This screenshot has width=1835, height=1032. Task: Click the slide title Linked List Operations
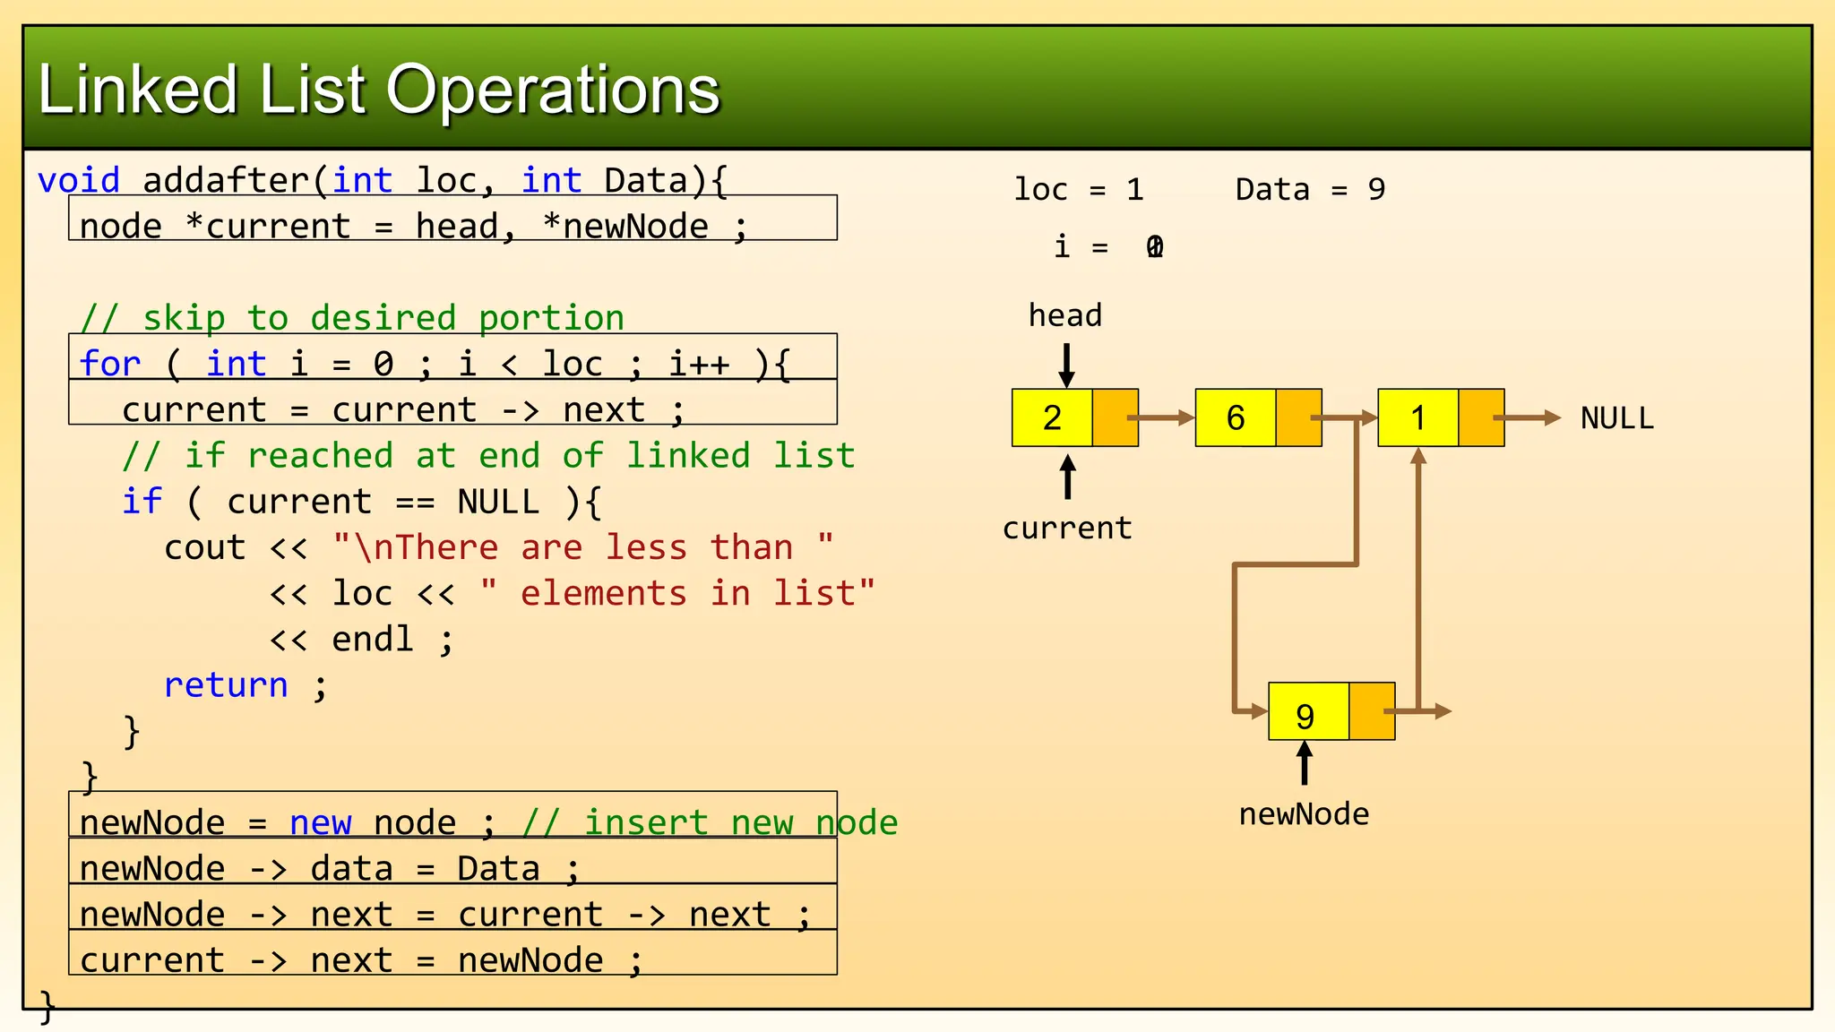(x=378, y=90)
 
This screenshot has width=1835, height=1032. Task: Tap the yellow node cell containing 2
(x=1052, y=417)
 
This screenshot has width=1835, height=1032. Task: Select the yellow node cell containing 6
(x=1235, y=417)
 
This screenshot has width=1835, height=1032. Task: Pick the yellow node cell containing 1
(x=1417, y=417)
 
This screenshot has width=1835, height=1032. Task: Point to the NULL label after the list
(x=1616, y=418)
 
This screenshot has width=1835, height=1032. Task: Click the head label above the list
(x=1064, y=315)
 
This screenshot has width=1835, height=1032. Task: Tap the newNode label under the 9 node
(x=1304, y=814)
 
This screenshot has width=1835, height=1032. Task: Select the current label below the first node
(x=1066, y=529)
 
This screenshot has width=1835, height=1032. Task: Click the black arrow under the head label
(x=1066, y=365)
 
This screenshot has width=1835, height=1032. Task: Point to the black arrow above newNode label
(x=1305, y=763)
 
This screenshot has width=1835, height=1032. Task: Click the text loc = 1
(x=1078, y=190)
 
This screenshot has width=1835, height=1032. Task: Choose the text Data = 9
(x=1309, y=190)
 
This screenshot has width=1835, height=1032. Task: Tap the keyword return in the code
(x=226, y=685)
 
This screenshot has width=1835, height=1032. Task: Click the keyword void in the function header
(x=79, y=181)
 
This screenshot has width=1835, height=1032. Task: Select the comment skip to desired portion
(x=352, y=318)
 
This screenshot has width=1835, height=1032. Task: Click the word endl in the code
(x=372, y=640)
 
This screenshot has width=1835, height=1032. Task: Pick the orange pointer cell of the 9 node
(x=1371, y=711)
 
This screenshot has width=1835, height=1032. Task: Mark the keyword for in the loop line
(x=109, y=365)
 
